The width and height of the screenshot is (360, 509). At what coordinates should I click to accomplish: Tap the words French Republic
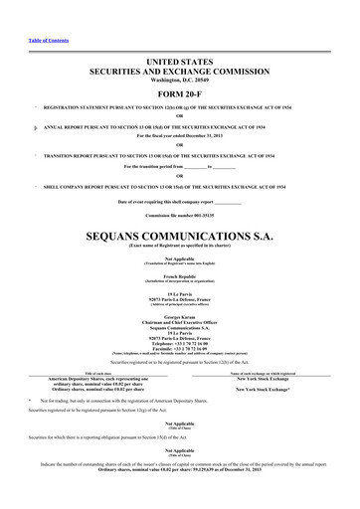click(x=179, y=273)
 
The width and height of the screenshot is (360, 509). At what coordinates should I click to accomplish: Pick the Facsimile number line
click(x=179, y=343)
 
